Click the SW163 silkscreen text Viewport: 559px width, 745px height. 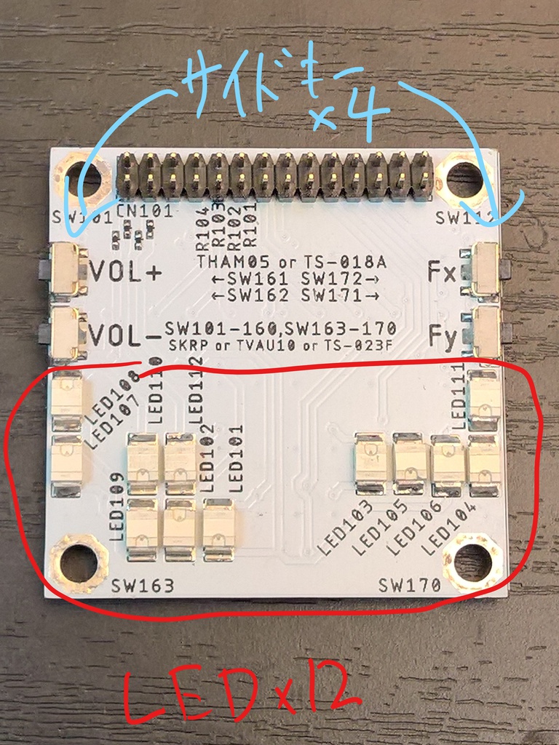pyautogui.click(x=143, y=585)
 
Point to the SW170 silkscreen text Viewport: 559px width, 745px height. pyautogui.click(x=410, y=584)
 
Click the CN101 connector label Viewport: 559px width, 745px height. pyautogui.click(x=144, y=212)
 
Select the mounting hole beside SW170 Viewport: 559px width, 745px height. pyautogui.click(x=472, y=561)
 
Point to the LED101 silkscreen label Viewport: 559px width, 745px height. pyautogui.click(x=237, y=458)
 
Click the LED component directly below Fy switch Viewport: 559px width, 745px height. pyautogui.click(x=484, y=397)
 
